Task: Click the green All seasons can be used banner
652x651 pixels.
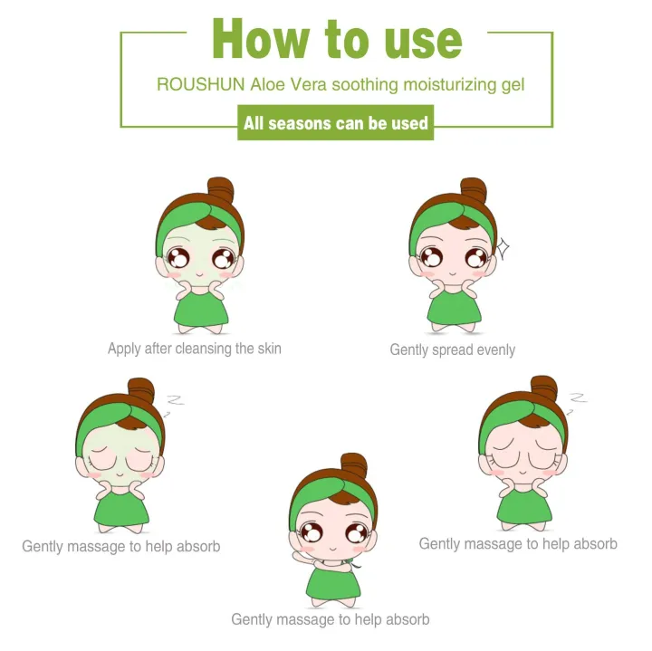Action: click(336, 122)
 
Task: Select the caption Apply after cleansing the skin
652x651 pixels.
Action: click(194, 349)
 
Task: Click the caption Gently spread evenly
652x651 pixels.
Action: click(452, 349)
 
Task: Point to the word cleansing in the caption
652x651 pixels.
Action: click(217, 349)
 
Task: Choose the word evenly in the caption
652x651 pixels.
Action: click(494, 349)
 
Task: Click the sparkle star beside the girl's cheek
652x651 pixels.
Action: click(502, 247)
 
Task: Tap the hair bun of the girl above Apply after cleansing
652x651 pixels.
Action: click(219, 191)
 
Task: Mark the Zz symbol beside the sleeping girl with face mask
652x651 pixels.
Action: click(173, 399)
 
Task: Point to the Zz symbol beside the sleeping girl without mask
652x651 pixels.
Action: click(576, 399)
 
